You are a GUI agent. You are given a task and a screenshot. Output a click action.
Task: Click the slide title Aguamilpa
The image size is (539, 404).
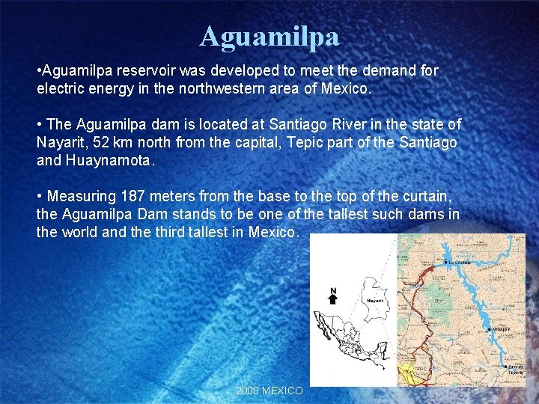269,35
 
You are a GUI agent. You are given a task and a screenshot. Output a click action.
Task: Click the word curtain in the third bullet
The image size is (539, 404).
424,196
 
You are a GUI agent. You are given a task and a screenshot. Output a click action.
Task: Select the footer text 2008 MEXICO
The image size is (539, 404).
269,391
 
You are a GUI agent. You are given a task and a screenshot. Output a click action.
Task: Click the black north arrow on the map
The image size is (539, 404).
334,299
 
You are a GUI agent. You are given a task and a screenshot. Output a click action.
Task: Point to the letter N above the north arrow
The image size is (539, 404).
334,290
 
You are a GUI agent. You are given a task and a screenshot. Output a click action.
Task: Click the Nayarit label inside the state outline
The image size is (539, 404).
374,301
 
